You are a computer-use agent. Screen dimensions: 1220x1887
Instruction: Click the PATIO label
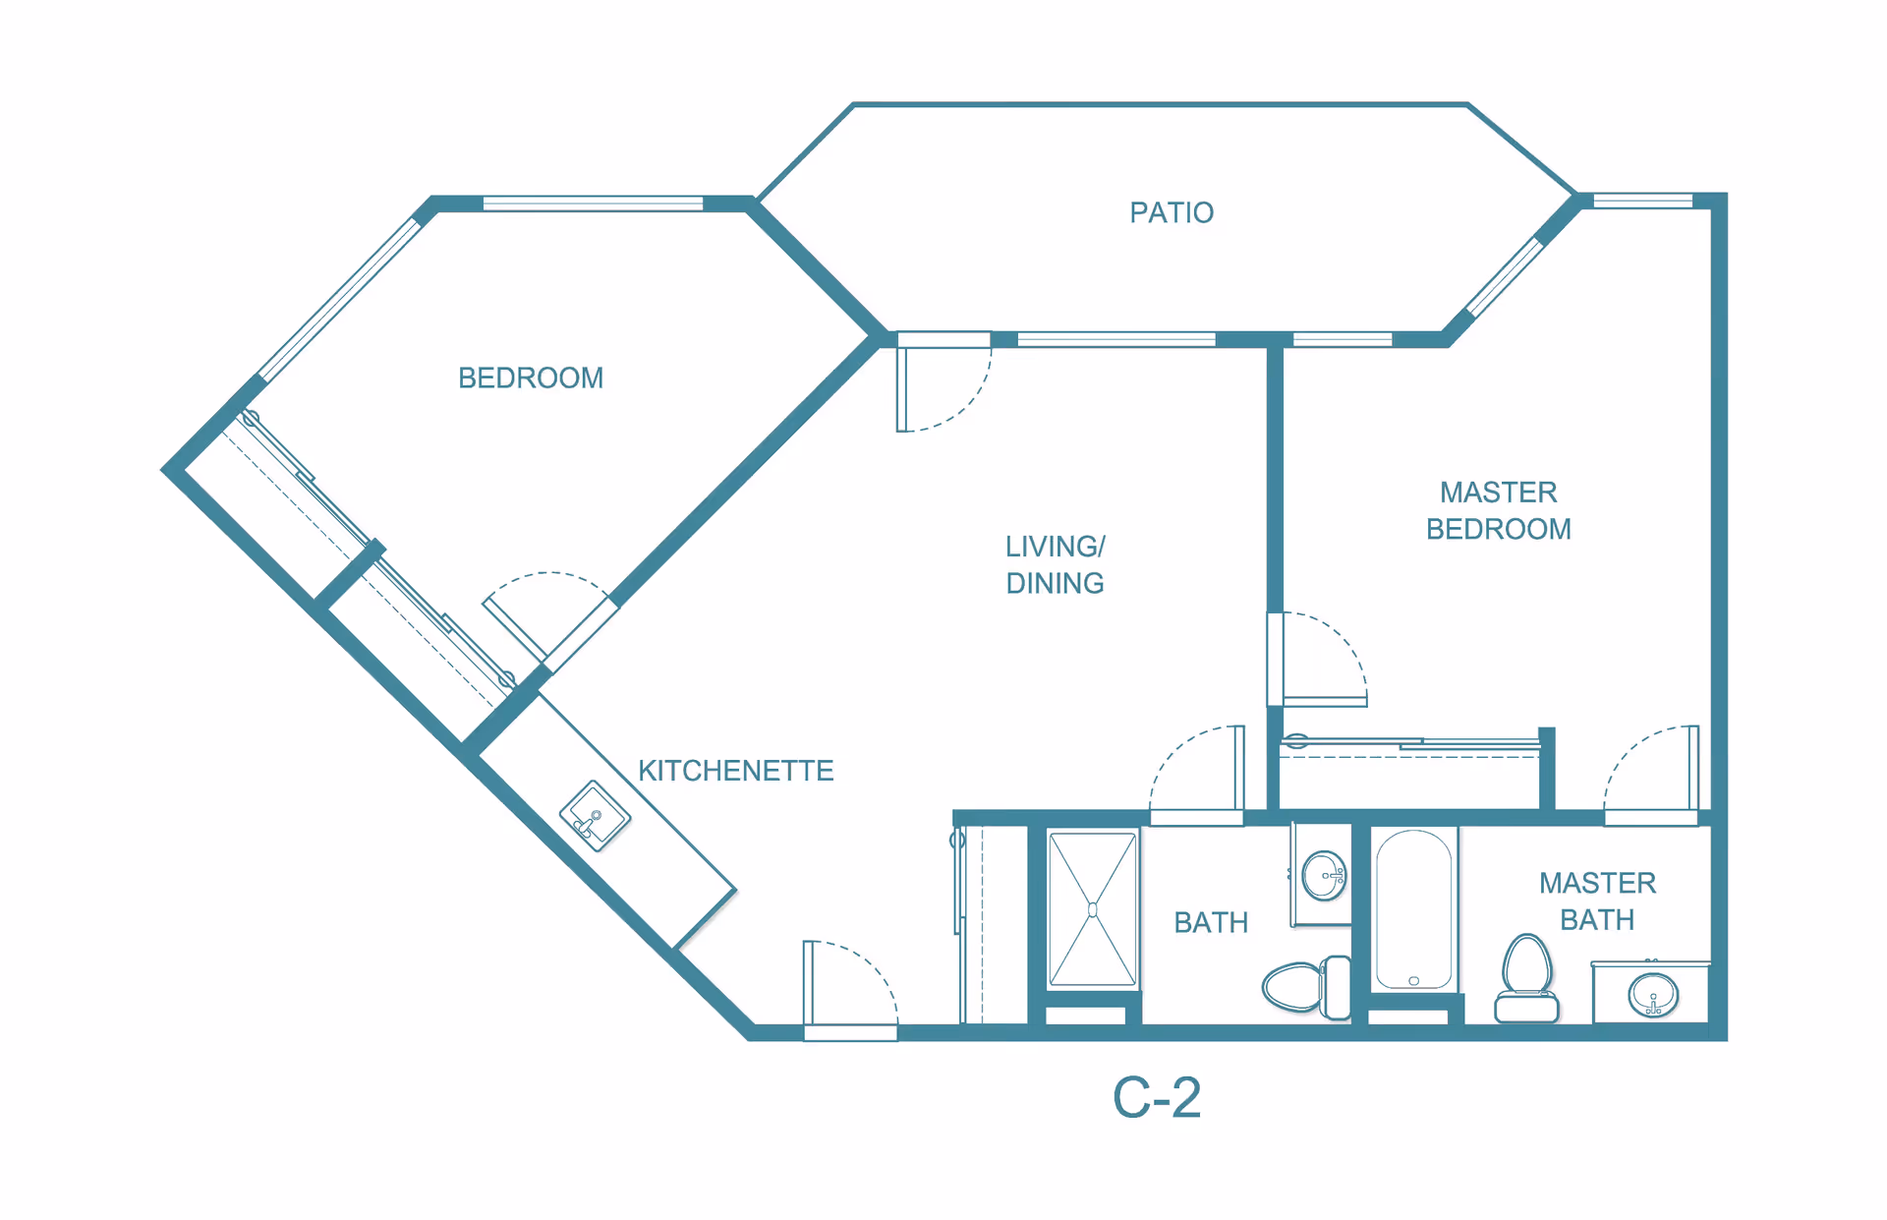pyautogui.click(x=1171, y=212)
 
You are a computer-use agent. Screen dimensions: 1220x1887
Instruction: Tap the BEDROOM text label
pyautogui.click(x=531, y=378)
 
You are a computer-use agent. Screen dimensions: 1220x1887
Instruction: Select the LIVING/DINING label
pyautogui.click(x=1055, y=564)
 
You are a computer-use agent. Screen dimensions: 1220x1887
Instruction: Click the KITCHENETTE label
pyautogui.click(x=735, y=770)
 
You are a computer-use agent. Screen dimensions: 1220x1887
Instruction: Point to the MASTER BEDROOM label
pyautogui.click(x=1498, y=510)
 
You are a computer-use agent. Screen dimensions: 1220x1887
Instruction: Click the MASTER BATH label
pyautogui.click(x=1597, y=900)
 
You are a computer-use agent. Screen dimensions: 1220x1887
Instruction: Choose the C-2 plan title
pyautogui.click(x=1156, y=1097)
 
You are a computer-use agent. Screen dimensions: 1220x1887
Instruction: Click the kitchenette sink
pyautogui.click(x=595, y=816)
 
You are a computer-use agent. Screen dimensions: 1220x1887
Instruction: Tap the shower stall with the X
pyautogui.click(x=1092, y=908)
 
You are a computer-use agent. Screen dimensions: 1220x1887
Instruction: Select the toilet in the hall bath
pyautogui.click(x=1306, y=986)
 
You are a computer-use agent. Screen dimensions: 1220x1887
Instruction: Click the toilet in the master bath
pyautogui.click(x=1526, y=978)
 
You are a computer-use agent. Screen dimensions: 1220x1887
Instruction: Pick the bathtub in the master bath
pyautogui.click(x=1413, y=908)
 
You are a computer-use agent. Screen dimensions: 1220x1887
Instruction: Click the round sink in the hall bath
pyautogui.click(x=1323, y=875)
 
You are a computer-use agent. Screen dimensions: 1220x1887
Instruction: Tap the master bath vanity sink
pyautogui.click(x=1653, y=995)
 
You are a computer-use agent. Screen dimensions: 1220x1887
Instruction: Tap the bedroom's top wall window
pyautogui.click(x=593, y=203)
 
